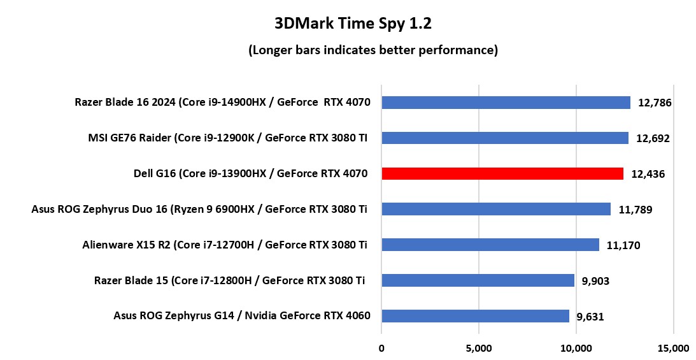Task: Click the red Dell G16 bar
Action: click(x=502, y=173)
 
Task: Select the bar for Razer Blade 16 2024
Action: click(x=506, y=103)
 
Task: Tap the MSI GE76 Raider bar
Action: click(x=504, y=138)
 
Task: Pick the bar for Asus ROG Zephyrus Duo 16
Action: click(x=495, y=209)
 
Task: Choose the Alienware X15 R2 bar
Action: click(x=490, y=245)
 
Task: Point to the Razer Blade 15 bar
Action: click(x=478, y=280)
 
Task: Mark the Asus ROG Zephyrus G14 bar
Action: click(x=475, y=316)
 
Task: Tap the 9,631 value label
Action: click(x=590, y=317)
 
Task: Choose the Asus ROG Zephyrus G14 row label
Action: click(x=242, y=316)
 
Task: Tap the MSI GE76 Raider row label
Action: click(x=227, y=138)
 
